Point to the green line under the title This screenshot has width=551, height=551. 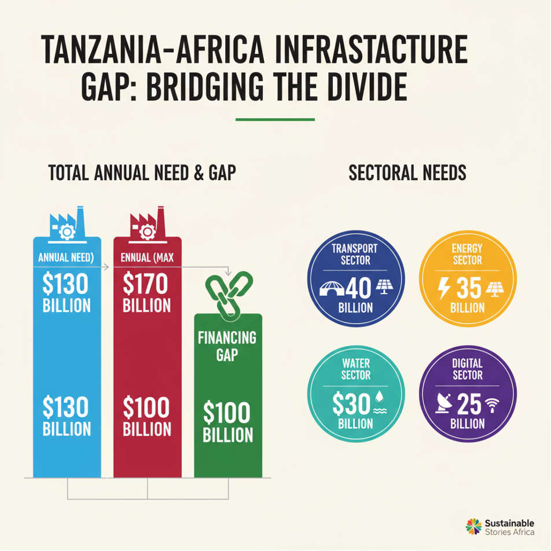(275, 120)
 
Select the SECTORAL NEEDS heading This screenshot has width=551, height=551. (407, 173)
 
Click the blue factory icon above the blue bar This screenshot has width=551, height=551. (67, 223)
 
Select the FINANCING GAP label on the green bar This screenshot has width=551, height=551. (227, 346)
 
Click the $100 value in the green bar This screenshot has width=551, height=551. (227, 413)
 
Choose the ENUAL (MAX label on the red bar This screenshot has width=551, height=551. (147, 257)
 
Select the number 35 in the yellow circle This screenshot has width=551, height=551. (469, 288)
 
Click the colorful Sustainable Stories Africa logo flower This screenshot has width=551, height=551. (473, 526)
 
